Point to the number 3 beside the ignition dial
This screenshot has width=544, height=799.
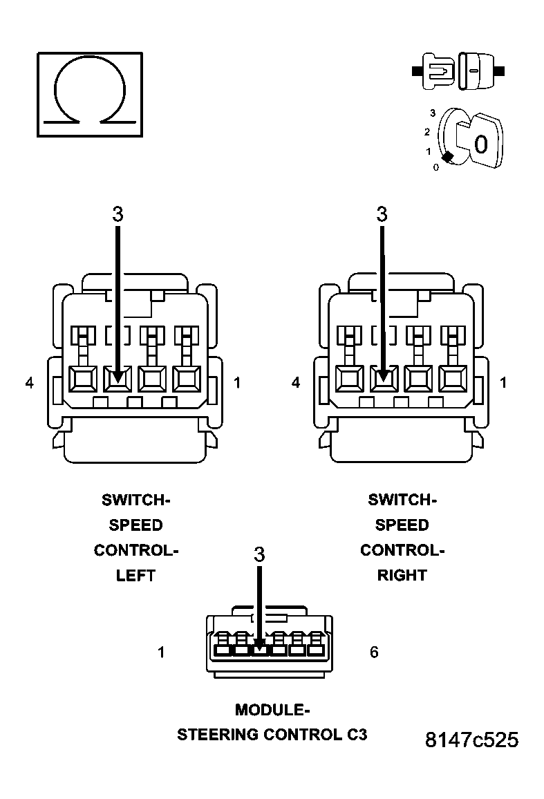point(433,112)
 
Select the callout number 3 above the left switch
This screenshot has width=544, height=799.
point(118,215)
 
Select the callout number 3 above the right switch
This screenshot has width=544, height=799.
point(382,215)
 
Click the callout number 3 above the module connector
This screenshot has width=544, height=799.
point(259,554)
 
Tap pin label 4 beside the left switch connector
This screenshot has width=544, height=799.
point(29,382)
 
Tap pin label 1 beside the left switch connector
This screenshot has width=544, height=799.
point(237,382)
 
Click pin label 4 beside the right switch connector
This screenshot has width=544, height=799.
point(296,382)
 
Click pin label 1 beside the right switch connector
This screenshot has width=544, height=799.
point(503,382)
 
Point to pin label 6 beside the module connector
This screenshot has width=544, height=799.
point(374,652)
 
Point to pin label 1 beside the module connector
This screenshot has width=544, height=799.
point(161,652)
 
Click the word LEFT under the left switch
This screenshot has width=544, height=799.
point(135,575)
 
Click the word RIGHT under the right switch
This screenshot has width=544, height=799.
point(402,575)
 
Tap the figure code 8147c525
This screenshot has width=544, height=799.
point(471,740)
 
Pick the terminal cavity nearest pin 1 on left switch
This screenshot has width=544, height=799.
point(187,378)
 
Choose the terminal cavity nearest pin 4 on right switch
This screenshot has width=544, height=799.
point(348,378)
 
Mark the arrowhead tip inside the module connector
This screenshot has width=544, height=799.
point(259,650)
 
